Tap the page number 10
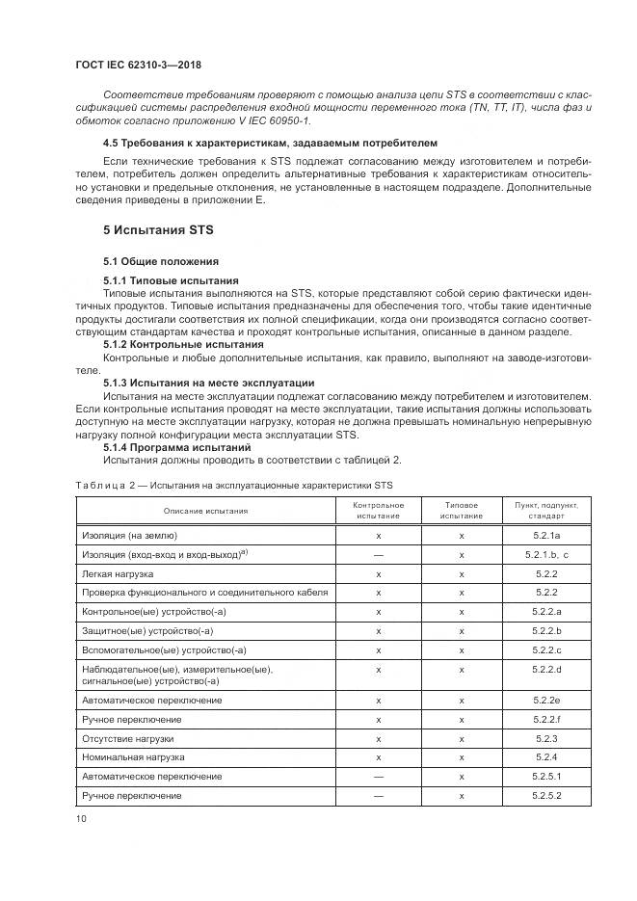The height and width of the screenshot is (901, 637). (81, 819)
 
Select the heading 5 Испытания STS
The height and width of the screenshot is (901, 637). (159, 231)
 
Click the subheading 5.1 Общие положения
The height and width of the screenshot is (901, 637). (161, 262)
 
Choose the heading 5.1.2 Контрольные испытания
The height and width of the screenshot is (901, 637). (183, 344)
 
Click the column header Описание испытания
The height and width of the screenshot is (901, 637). (205, 511)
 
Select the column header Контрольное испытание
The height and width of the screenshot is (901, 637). (378, 511)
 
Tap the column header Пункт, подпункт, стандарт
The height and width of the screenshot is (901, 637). (546, 511)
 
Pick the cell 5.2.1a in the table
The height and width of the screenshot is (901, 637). (546, 535)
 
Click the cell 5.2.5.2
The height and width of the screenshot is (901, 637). (546, 795)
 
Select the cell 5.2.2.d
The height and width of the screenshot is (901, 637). (546, 669)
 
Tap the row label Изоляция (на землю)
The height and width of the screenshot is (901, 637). (129, 535)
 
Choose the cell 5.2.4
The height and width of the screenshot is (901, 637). (546, 757)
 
